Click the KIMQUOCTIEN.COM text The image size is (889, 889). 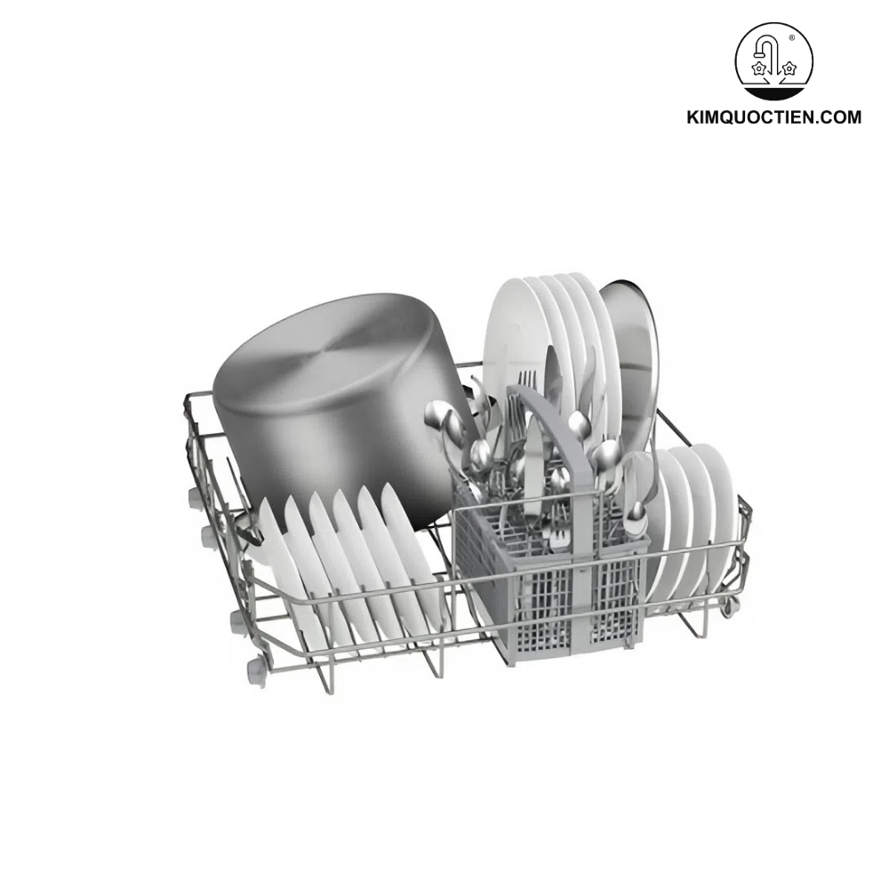click(773, 117)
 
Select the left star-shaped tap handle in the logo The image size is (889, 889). click(759, 68)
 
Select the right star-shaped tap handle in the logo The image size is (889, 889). click(789, 68)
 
